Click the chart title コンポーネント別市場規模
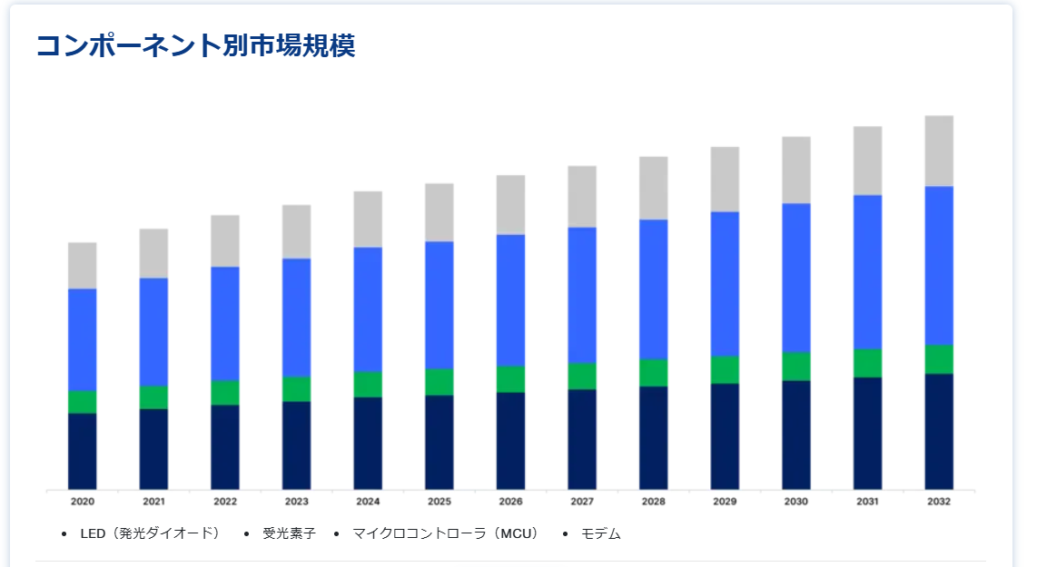(195, 46)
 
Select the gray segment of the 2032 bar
(939, 151)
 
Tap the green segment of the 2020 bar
(83, 402)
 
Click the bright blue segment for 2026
(510, 300)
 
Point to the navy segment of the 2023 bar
(296, 445)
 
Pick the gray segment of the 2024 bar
(368, 220)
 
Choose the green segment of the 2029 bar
(725, 369)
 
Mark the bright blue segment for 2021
(153, 332)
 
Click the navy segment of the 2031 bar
(867, 433)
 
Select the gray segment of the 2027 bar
(582, 197)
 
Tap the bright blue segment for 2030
(796, 278)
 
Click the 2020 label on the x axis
(83, 502)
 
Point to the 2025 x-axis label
(439, 502)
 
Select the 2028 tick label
(653, 502)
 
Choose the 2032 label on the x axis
(939, 502)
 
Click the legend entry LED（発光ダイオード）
(150, 533)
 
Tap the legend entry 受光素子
(289, 533)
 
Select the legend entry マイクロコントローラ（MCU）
(445, 533)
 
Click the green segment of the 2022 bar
(225, 393)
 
